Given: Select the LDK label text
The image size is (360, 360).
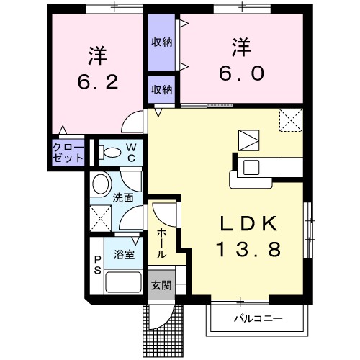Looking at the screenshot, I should (x=246, y=224).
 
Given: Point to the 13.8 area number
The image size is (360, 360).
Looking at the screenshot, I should (x=246, y=249).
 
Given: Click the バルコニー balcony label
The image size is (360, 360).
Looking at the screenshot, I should (x=258, y=318).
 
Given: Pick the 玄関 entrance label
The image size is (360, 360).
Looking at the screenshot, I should (x=161, y=284).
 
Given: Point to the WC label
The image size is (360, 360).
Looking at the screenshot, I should (x=132, y=152).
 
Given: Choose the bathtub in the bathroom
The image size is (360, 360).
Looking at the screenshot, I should (x=123, y=282).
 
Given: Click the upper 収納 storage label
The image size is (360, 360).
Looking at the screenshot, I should (x=161, y=42).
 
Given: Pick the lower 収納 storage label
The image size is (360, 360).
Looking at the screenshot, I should (x=161, y=90).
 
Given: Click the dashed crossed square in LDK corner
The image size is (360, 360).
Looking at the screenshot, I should (x=290, y=120).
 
